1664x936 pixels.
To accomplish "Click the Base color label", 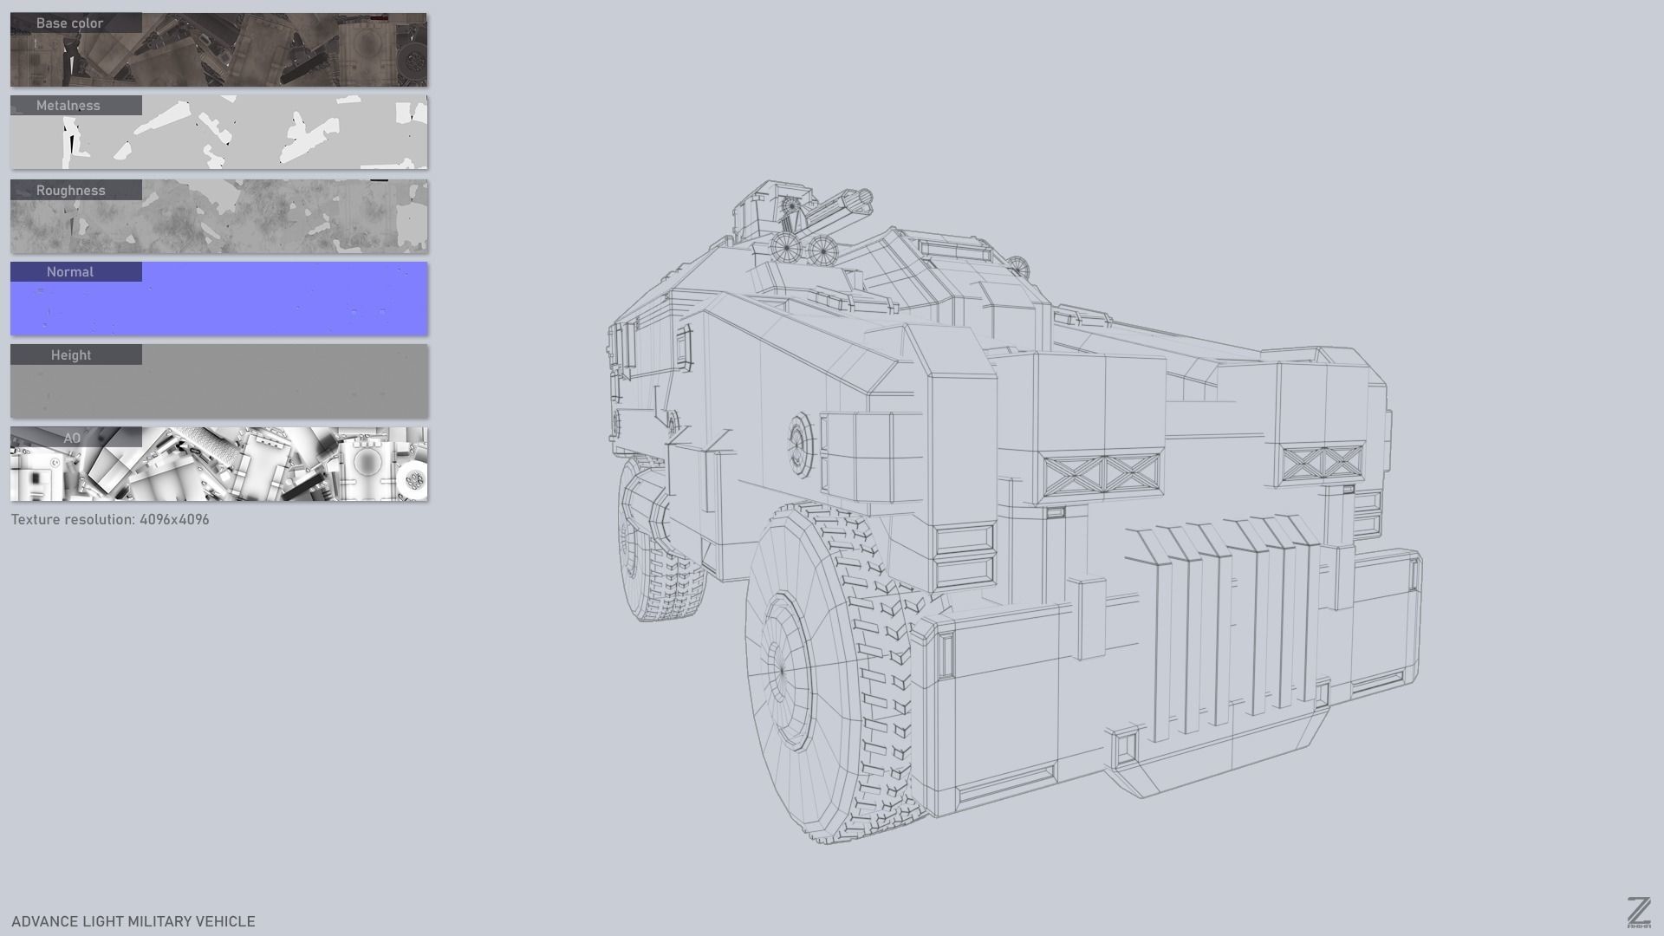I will [69, 23].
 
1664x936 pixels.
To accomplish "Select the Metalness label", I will [68, 106].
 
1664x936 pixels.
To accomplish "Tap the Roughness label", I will [70, 191].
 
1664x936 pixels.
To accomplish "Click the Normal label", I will [70, 272].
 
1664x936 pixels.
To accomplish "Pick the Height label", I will [71, 355].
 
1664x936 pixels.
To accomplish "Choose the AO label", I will [72, 439].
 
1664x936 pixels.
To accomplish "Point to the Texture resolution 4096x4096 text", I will [110, 520].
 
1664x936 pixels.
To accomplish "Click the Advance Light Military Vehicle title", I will [133, 921].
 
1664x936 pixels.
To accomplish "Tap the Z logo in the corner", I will [1638, 913].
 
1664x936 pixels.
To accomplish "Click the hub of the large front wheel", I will [781, 670].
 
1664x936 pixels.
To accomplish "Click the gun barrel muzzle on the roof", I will [863, 200].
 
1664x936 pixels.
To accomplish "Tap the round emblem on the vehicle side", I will [800, 443].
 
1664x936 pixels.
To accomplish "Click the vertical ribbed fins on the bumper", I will [1231, 624].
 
